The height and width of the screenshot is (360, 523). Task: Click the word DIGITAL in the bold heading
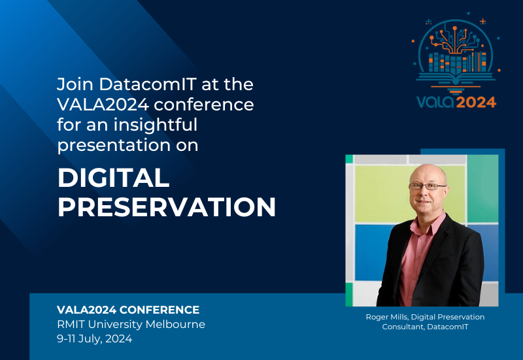(x=113, y=178)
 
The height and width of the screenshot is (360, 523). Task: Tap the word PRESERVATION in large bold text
(x=167, y=207)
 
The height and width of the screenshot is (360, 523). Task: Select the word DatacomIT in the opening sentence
(x=148, y=84)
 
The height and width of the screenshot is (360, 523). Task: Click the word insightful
(x=156, y=125)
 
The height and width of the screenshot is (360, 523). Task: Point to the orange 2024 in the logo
(x=476, y=102)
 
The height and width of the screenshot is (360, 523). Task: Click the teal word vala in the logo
(x=435, y=102)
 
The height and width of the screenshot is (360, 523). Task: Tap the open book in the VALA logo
(x=456, y=78)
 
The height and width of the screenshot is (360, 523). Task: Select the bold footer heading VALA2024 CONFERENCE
(x=128, y=310)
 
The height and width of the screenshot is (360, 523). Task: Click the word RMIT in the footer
(x=71, y=324)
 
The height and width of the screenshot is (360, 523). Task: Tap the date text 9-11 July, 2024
(x=95, y=339)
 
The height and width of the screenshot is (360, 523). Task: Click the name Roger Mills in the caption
(x=387, y=317)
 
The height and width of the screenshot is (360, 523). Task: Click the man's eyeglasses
(x=428, y=186)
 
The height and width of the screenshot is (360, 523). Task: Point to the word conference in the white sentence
(x=204, y=105)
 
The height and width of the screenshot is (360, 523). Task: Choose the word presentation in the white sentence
(x=114, y=145)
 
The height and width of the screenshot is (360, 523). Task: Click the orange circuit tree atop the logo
(x=455, y=40)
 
